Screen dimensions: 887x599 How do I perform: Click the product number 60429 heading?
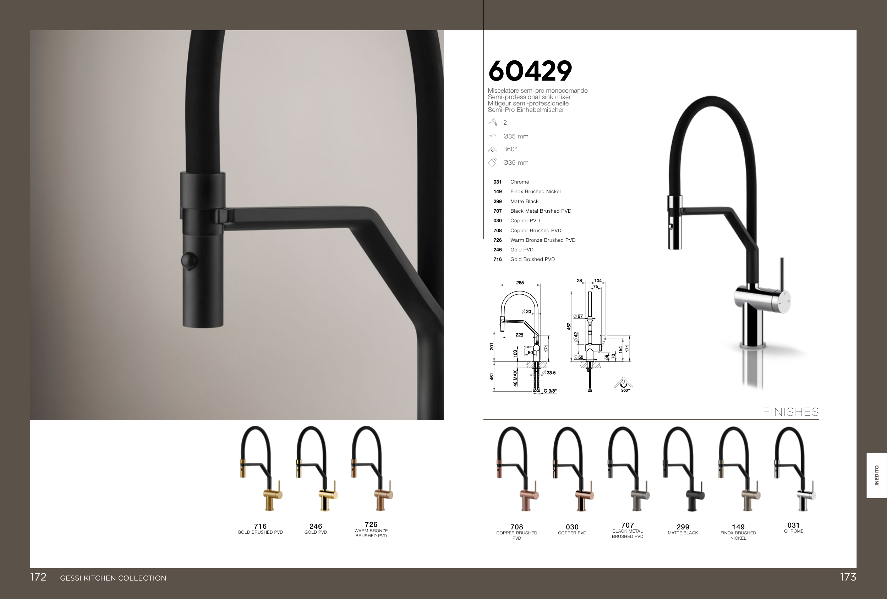tap(530, 71)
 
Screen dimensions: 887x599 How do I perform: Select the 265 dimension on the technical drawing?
tap(520, 283)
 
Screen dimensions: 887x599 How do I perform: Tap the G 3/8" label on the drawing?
tap(550, 391)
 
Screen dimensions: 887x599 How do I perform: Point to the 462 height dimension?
tap(569, 326)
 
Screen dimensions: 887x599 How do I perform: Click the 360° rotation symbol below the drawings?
tap(623, 384)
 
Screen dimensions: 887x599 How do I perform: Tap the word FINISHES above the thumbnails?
tap(790, 412)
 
